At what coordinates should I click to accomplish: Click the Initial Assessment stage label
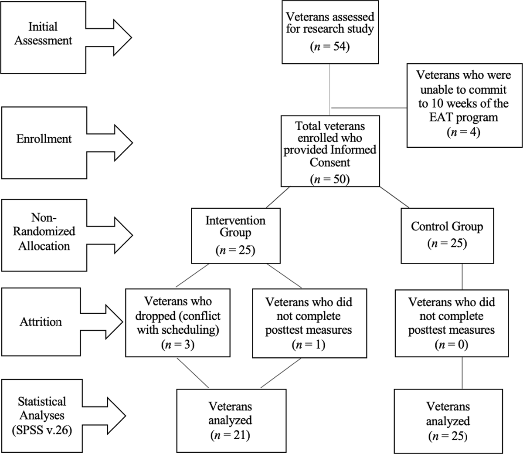pyautogui.click(x=43, y=34)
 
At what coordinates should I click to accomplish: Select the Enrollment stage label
pyautogui.click(x=44, y=139)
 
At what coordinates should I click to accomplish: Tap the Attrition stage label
pyautogui.click(x=41, y=322)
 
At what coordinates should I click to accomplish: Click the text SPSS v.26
pyautogui.click(x=42, y=430)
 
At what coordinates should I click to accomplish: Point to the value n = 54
pyautogui.click(x=330, y=47)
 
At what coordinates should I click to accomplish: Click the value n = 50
pyautogui.click(x=330, y=179)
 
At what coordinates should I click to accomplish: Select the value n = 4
pyautogui.click(x=463, y=132)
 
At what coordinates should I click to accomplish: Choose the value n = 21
pyautogui.click(x=230, y=435)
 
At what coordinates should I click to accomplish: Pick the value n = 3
pyautogui.click(x=178, y=345)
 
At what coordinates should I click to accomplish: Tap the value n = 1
pyautogui.click(x=309, y=345)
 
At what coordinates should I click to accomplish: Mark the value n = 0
pyautogui.click(x=452, y=345)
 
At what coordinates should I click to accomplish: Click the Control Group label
pyautogui.click(x=447, y=227)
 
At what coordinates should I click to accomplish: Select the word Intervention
pyautogui.click(x=235, y=220)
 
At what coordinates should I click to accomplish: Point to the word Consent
pyautogui.click(x=330, y=162)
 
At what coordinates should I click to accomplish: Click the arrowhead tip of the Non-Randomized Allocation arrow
pyautogui.click(x=132, y=235)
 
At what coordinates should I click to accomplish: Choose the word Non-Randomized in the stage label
pyautogui.click(x=44, y=224)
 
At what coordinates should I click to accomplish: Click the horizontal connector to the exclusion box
pyautogui.click(x=369, y=108)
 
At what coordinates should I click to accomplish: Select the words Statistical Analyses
pyautogui.click(x=42, y=408)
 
